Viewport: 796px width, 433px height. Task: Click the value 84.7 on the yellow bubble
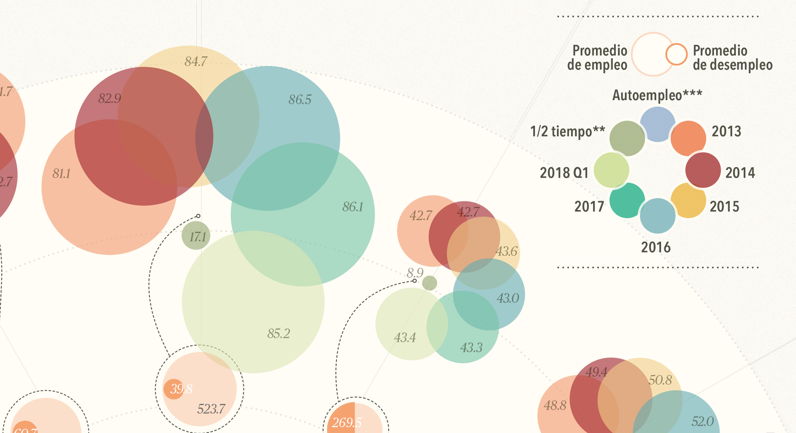point(196,61)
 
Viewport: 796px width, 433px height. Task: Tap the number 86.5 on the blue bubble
point(300,99)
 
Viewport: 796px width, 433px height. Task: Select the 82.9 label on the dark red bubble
point(110,98)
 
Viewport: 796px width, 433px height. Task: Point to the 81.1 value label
point(61,173)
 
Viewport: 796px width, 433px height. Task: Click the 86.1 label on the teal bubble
point(353,207)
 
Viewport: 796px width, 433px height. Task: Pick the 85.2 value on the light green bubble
point(278,334)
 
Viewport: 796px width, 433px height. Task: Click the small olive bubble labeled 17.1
point(196,236)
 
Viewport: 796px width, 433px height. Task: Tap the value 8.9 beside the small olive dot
point(415,273)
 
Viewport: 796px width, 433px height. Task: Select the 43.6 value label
point(506,251)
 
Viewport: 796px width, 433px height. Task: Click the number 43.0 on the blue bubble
point(508,298)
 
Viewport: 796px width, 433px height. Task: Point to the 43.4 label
point(405,337)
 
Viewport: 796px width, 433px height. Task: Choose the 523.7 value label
point(211,409)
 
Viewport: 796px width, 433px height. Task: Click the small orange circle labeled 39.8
point(174,389)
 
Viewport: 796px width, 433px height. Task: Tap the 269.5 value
point(346,422)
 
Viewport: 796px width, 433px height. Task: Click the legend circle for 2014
point(703,170)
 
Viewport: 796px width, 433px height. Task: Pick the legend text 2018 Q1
point(564,173)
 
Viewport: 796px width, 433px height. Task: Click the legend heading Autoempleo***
point(657,95)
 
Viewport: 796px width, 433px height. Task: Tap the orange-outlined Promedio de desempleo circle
point(676,54)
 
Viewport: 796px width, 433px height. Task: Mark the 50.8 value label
point(660,380)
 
